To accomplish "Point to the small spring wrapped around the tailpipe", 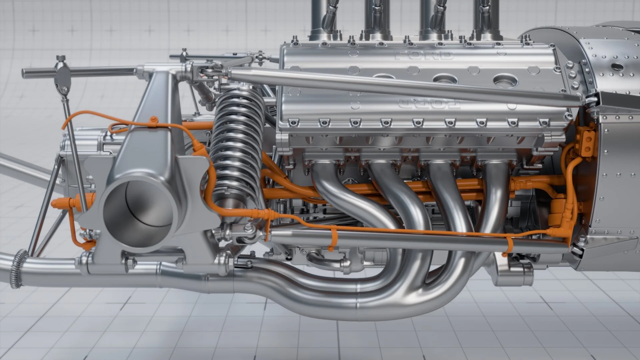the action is click(16, 268).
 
